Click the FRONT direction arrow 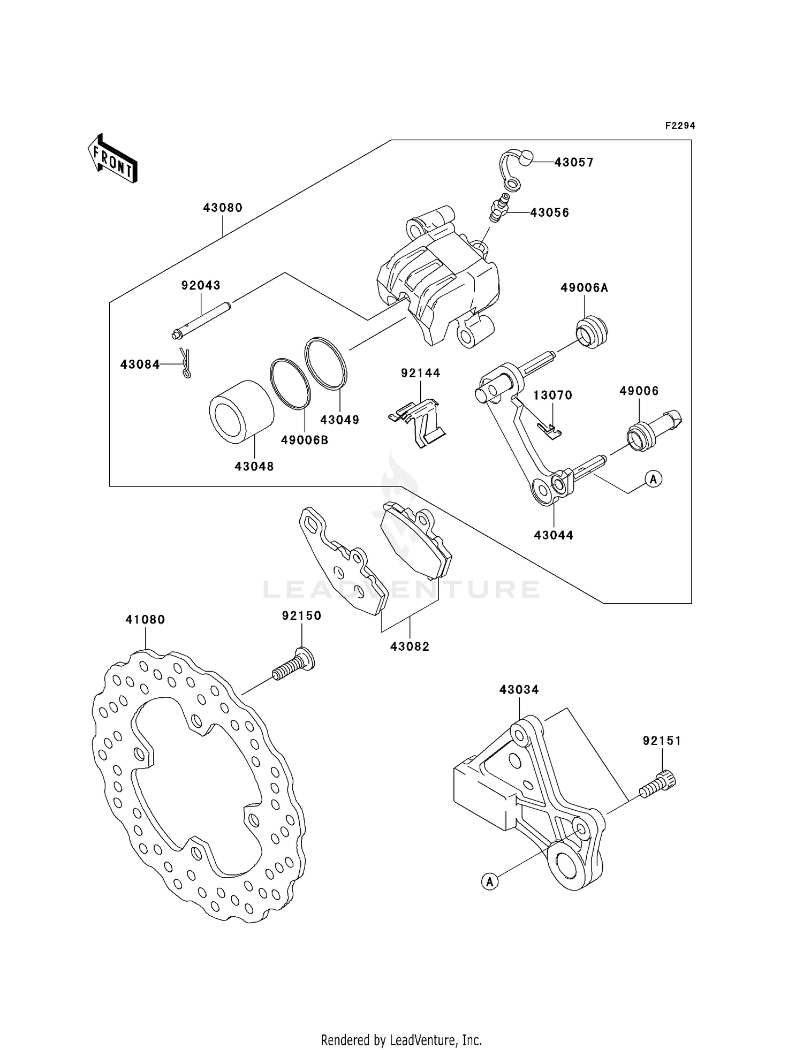[x=113, y=159]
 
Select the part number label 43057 [x=574, y=162]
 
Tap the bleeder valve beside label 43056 [x=498, y=209]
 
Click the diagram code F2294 [x=680, y=126]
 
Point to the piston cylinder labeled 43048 [x=241, y=412]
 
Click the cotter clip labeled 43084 [x=185, y=363]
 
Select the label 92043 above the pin [x=201, y=285]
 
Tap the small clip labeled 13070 [x=549, y=429]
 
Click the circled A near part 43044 [x=653, y=479]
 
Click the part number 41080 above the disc [x=145, y=620]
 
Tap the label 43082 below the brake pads [x=410, y=646]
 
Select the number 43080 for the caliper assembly [x=223, y=208]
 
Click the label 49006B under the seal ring [x=305, y=440]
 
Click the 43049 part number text [x=340, y=420]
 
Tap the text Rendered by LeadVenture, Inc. [x=401, y=1040]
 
